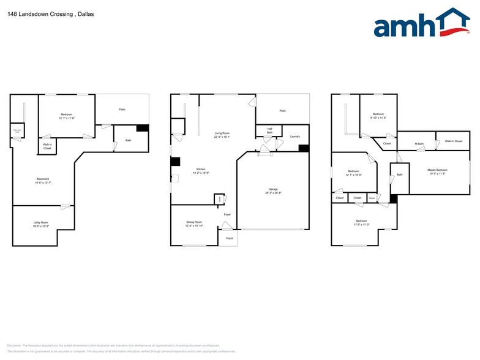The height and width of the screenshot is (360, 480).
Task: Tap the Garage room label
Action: pos(273,189)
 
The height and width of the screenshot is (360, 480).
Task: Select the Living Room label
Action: pos(222,133)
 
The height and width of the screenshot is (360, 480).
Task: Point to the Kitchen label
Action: pos(201,169)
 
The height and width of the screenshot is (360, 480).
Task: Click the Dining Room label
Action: pos(194,222)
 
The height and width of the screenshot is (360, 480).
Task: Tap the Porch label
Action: pos(230,238)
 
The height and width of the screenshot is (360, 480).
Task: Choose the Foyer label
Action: pos(227,214)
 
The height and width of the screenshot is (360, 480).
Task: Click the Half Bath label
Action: pos(269,131)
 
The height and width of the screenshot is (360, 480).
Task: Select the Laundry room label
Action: pos(294,137)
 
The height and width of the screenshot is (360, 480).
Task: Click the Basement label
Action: pos(42,179)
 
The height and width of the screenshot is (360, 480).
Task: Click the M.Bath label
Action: pos(419,144)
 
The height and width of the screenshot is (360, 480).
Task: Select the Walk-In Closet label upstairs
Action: pos(454,141)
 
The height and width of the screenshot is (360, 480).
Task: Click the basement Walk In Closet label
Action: pos(47,147)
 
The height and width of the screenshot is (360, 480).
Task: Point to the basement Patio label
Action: pos(122,110)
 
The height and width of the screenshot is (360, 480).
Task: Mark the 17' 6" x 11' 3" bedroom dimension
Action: pos(361,225)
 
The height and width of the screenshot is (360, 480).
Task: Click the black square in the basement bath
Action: pos(143,128)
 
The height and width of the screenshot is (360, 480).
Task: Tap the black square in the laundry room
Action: pos(303,148)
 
